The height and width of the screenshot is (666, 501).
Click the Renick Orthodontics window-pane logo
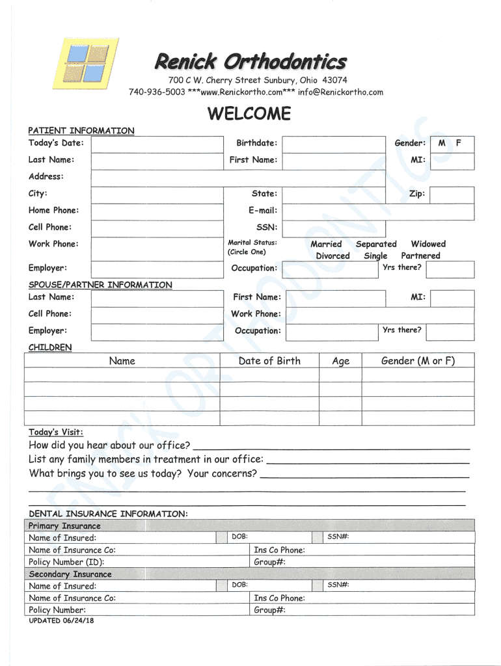tap(87, 63)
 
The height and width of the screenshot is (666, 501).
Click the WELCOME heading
tap(249, 114)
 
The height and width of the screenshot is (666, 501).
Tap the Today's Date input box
tap(156, 143)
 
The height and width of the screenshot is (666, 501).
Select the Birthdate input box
tap(336, 143)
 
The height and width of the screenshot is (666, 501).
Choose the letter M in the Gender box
tap(442, 143)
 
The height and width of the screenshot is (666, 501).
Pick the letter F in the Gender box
tap(459, 143)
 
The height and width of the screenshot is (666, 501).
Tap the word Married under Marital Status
tap(326, 244)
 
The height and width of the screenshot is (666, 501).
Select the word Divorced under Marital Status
tap(332, 256)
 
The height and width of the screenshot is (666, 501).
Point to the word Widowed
tap(428, 244)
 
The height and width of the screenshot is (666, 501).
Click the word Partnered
tap(420, 256)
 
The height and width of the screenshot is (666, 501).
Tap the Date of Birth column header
tap(269, 361)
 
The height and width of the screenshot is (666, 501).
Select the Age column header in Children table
tap(340, 362)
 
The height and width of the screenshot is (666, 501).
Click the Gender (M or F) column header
tap(418, 361)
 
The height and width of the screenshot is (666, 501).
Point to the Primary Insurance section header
tap(65, 526)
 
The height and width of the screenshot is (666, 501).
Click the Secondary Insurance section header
tap(70, 574)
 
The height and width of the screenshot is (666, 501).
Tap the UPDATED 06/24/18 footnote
tap(61, 620)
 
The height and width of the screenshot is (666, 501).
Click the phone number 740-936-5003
tap(157, 92)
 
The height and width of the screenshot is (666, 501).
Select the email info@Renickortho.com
tap(340, 92)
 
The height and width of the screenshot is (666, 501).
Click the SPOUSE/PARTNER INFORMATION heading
tap(100, 285)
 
